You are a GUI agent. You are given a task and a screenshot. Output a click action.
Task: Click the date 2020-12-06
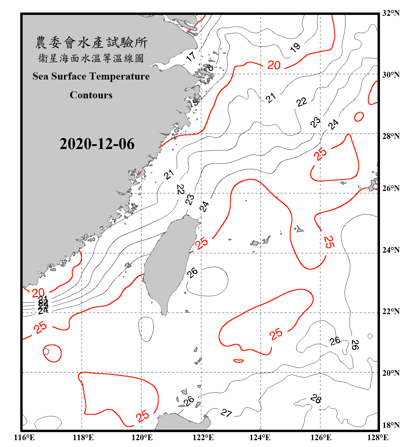point(97,144)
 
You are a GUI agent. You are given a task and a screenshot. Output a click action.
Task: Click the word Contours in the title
point(91,95)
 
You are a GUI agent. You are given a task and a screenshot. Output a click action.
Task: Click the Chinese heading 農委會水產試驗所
point(91,43)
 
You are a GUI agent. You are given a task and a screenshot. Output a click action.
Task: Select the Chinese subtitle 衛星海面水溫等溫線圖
point(91,58)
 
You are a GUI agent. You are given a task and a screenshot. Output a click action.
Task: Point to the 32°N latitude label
point(391,13)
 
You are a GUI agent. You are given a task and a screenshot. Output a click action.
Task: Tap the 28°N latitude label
point(391,136)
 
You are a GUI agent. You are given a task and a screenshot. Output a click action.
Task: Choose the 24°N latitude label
point(391,250)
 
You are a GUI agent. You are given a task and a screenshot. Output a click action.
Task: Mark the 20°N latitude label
point(391,373)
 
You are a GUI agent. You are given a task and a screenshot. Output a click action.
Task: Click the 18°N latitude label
point(391,425)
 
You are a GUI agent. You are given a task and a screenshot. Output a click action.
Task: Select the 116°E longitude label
point(24,437)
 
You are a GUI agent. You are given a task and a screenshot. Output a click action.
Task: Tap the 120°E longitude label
point(142,437)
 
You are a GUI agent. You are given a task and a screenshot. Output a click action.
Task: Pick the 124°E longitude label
point(260,437)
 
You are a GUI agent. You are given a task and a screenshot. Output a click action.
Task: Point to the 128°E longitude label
point(378,437)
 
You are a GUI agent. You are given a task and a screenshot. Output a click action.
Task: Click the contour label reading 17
point(191,56)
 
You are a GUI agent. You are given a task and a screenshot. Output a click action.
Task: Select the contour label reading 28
point(316,399)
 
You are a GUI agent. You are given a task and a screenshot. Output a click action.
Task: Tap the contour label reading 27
point(226,413)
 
